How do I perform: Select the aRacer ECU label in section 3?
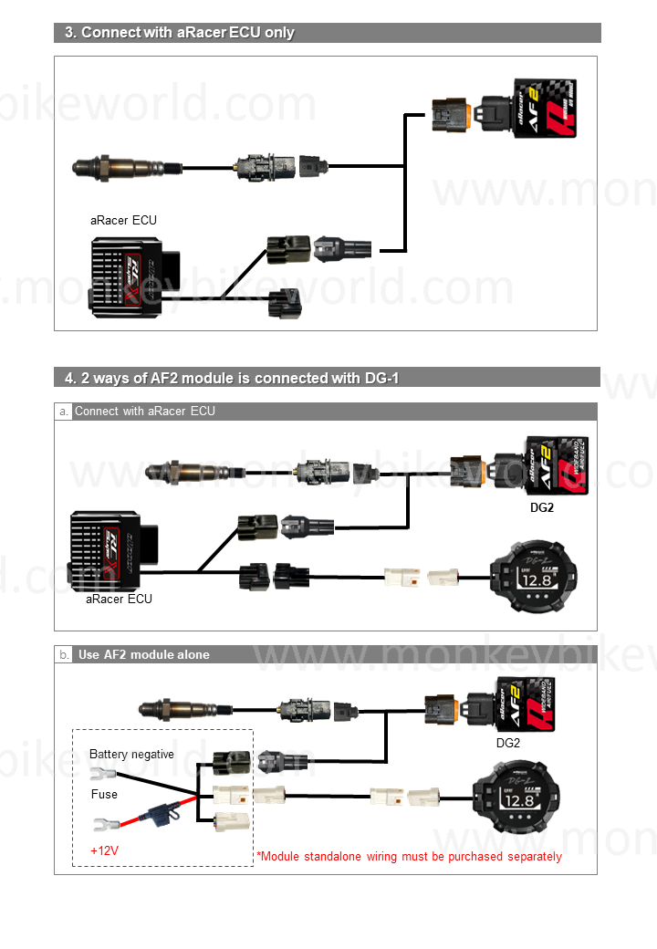(123, 220)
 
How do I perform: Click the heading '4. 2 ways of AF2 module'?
(232, 378)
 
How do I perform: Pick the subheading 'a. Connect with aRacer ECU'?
(145, 412)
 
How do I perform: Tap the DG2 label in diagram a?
(542, 507)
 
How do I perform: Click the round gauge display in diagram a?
(533, 575)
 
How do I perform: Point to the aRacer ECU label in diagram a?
(119, 599)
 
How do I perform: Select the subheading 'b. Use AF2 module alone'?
(143, 654)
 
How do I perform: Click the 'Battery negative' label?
(131, 755)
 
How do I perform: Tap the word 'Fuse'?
(104, 794)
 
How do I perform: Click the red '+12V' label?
(105, 850)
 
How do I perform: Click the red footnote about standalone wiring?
(409, 857)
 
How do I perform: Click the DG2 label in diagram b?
(508, 743)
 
